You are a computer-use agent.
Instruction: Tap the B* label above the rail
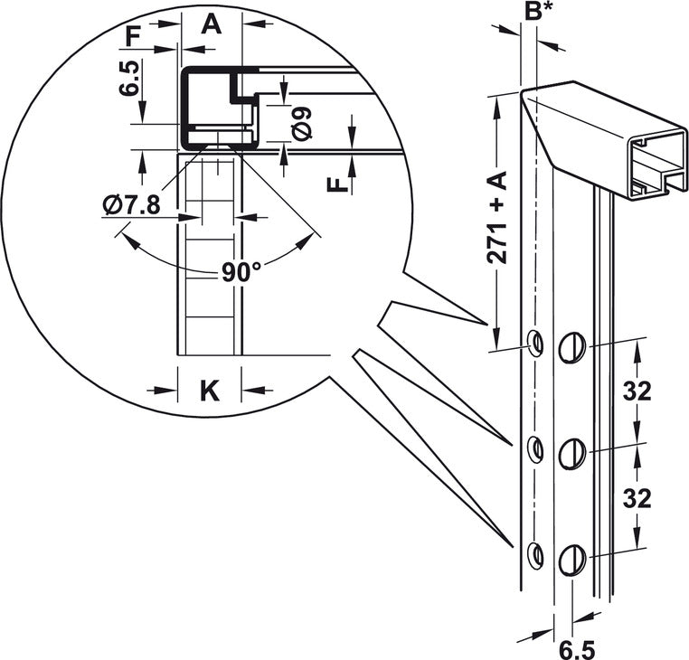point(538,12)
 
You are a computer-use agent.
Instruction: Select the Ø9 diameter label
point(301,124)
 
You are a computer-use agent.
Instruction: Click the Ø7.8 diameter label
point(131,205)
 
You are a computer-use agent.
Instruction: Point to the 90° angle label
point(241,272)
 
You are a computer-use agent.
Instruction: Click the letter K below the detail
point(210,391)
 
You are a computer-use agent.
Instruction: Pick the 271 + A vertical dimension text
point(497,217)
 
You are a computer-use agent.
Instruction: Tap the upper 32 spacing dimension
point(637,391)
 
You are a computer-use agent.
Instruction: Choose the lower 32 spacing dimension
point(637,498)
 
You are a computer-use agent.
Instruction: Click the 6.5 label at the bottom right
point(577,649)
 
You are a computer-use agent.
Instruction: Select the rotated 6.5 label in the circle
point(129,79)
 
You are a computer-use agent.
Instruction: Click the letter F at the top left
point(133,36)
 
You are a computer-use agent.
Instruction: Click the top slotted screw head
point(572,347)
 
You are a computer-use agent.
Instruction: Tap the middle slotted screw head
point(572,454)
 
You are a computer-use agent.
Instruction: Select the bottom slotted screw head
point(572,561)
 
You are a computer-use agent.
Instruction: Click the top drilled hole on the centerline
point(535,344)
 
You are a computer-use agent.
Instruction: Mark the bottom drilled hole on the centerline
point(535,556)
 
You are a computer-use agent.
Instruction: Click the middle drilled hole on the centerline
point(535,449)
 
